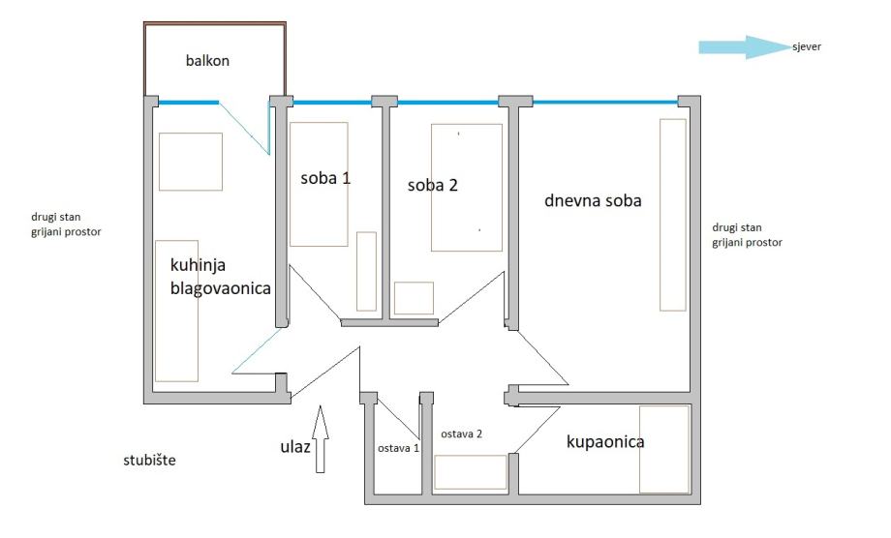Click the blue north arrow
[742, 46]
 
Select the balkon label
[208, 60]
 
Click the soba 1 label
[326, 178]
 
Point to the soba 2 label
[432, 185]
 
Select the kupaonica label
[605, 442]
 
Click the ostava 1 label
[398, 448]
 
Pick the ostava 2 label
[462, 433]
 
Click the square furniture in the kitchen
[191, 162]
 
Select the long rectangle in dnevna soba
[673, 214]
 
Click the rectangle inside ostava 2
[471, 472]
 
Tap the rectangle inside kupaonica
[664, 449]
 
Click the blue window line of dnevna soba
[605, 101]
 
